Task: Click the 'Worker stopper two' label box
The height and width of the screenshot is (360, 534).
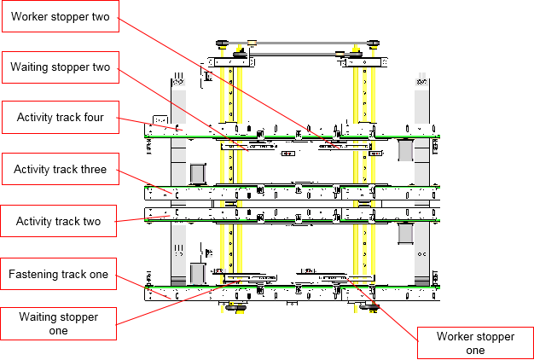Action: pyautogui.click(x=59, y=16)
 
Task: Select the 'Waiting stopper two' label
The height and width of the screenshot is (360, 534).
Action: pyautogui.click(x=60, y=67)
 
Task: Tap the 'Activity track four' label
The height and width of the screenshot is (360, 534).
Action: pyautogui.click(x=59, y=118)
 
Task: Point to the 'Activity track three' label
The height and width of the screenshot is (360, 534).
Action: pyautogui.click(x=60, y=169)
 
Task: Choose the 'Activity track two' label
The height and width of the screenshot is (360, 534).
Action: pyautogui.click(x=58, y=221)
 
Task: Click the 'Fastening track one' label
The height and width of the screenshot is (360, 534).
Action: pyautogui.click(x=58, y=274)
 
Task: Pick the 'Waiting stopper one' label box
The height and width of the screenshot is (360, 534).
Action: pyautogui.click(x=58, y=323)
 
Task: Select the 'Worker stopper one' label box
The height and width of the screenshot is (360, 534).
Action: pyautogui.click(x=475, y=342)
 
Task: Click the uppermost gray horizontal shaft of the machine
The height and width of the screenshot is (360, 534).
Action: pyautogui.click(x=296, y=42)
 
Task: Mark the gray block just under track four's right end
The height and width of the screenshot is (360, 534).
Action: pyautogui.click(x=405, y=148)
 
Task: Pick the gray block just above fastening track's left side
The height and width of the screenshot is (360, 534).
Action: pyautogui.click(x=198, y=274)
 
